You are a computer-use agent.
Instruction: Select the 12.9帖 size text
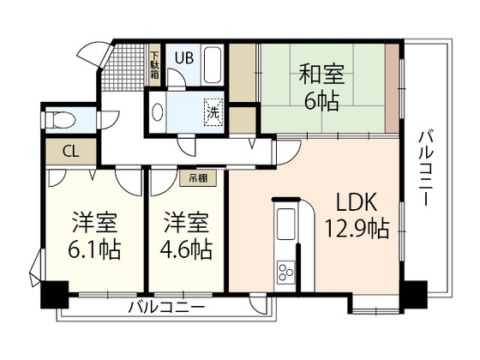(x=354, y=230)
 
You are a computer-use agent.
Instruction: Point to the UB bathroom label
(x=184, y=58)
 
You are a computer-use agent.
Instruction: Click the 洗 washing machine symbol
(x=212, y=111)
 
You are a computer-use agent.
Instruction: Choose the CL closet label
(x=70, y=152)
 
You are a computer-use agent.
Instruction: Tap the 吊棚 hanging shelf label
(x=198, y=179)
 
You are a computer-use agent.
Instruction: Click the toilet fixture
(x=63, y=117)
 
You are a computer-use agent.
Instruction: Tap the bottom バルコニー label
(x=166, y=308)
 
